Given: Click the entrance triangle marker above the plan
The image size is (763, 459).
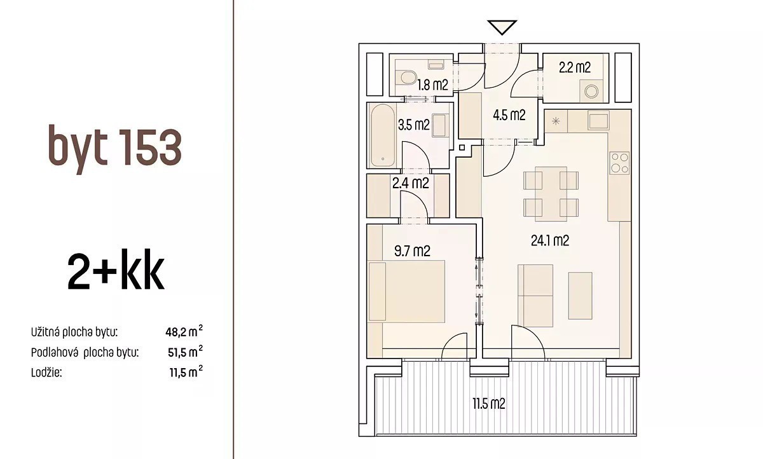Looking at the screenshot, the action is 502,27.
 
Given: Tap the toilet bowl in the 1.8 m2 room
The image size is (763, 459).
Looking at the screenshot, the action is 406,78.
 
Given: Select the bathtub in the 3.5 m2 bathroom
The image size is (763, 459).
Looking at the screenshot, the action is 383,135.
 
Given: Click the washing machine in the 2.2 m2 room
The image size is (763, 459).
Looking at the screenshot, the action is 591,91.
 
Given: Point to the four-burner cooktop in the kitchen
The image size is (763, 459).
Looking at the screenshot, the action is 619,163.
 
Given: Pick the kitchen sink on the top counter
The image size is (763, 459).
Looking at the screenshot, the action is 598,121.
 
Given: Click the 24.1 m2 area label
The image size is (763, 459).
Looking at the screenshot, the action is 550,241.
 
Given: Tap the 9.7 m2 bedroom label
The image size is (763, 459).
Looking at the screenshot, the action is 412,251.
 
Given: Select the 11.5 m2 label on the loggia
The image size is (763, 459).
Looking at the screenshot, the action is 488,404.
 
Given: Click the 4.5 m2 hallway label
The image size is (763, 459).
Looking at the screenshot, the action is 509,115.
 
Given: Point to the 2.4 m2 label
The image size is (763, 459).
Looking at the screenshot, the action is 411,183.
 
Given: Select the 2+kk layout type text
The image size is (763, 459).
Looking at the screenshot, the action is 116,270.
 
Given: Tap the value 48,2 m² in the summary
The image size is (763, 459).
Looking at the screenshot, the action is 184,331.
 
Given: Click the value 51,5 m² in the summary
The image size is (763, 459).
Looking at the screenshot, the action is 185,352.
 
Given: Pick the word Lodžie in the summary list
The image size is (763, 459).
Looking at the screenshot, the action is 46,373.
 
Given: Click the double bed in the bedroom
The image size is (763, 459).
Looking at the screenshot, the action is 407,291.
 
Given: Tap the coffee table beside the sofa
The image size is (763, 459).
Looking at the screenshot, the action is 581,296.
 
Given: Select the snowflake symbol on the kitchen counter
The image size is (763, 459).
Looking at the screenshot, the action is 556,121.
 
